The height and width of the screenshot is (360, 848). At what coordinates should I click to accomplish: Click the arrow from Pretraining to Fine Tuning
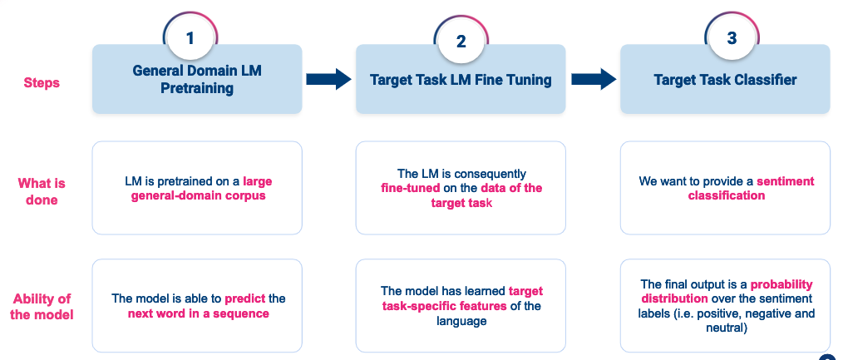pyautogui.click(x=329, y=80)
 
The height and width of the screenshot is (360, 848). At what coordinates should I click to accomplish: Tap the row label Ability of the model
pyautogui.click(x=42, y=307)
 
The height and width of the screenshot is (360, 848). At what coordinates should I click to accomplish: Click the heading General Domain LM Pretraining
pyautogui.click(x=197, y=79)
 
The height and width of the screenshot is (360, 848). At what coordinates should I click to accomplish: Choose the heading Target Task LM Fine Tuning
pyautogui.click(x=461, y=80)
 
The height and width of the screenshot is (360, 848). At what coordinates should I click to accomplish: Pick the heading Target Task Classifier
pyautogui.click(x=725, y=80)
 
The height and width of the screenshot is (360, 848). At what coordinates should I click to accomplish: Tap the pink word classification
pyautogui.click(x=726, y=196)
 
